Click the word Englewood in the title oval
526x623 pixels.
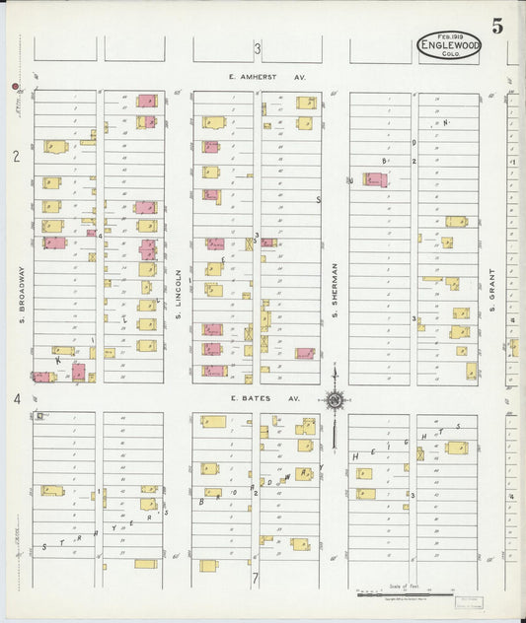(449, 44)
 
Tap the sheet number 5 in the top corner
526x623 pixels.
(497, 27)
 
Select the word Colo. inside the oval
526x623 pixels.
(449, 54)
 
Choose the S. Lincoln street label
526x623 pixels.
(179, 292)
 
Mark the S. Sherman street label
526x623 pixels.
(336, 286)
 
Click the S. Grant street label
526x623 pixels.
(491, 292)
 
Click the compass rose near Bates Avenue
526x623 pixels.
(336, 400)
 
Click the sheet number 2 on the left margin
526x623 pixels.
(16, 156)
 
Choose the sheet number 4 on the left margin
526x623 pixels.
(16, 398)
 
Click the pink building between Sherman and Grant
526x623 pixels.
(375, 179)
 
